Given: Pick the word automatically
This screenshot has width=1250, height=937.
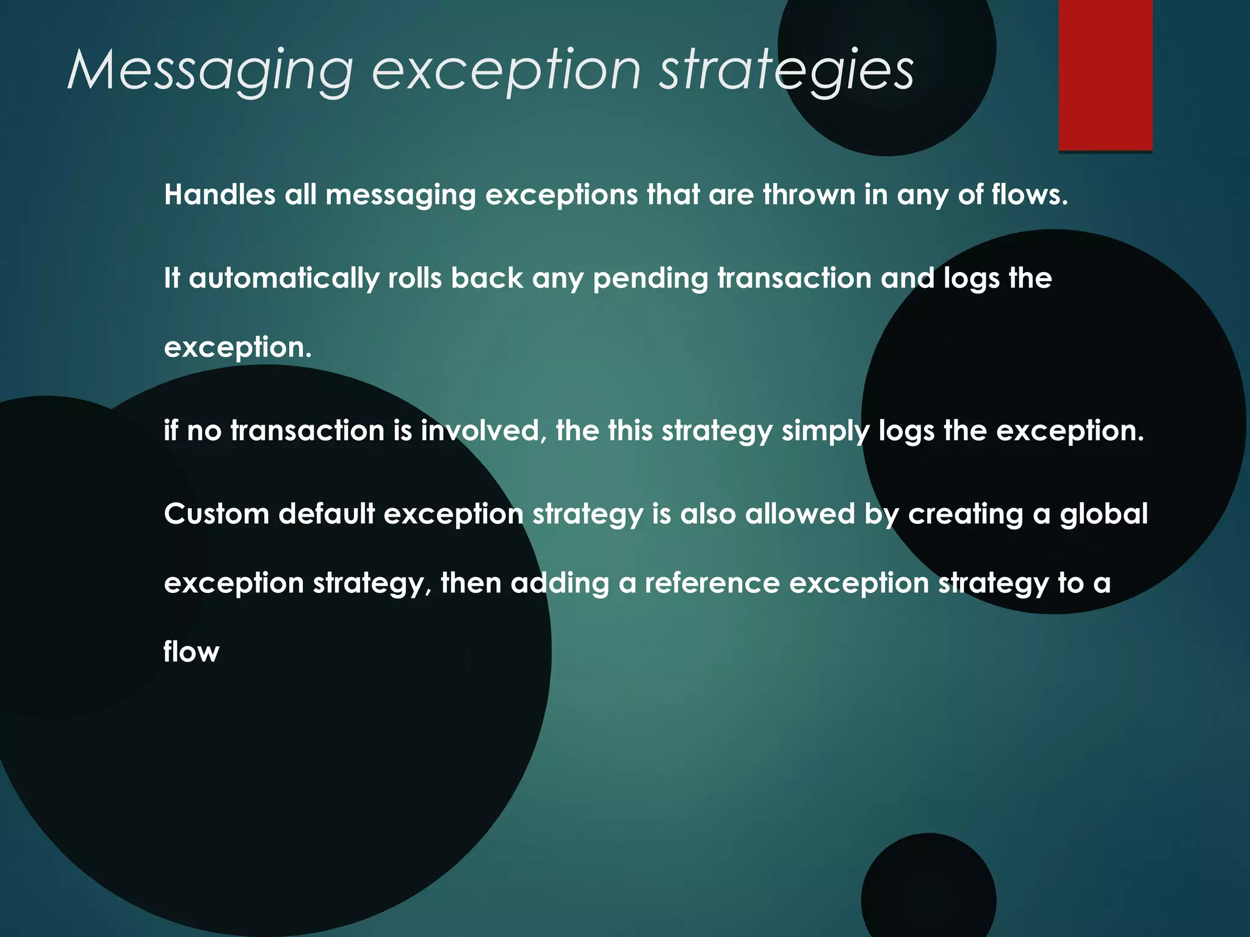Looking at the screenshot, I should coord(284,279).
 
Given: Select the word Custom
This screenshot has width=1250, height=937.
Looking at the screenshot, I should coord(217,514).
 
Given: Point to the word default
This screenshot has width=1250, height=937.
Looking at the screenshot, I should coord(327,514).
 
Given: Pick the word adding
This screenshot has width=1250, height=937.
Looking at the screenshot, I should coord(560,584).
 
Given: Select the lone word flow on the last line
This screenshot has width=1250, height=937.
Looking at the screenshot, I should coord(191,652).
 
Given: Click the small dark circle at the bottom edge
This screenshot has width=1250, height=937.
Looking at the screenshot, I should coord(928,891).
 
